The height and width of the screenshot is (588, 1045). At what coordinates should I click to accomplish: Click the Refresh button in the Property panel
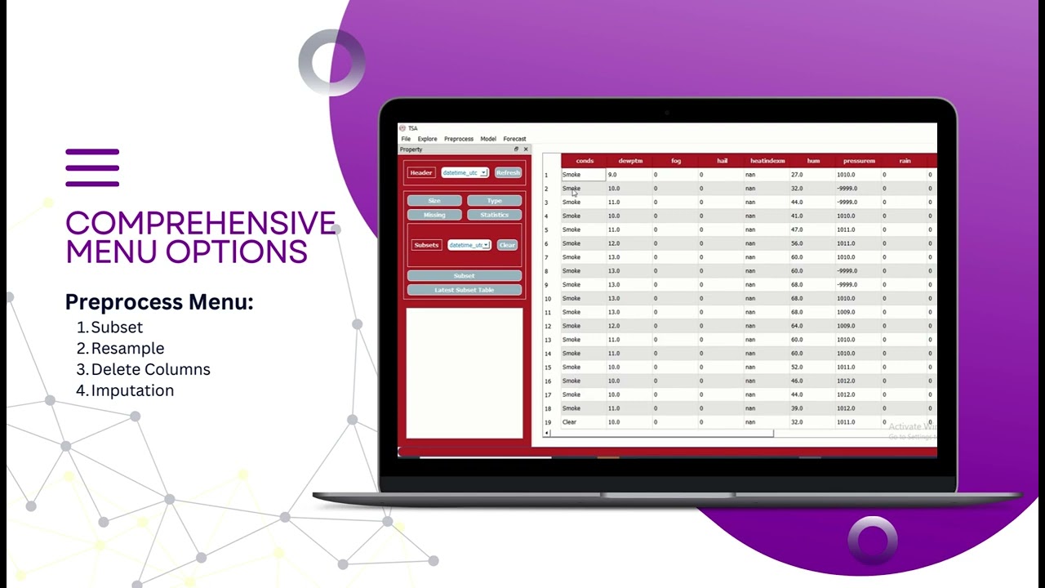point(508,173)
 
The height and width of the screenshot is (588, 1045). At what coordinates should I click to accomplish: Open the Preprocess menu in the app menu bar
point(459,139)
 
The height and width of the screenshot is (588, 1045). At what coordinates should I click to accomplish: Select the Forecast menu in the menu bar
point(514,139)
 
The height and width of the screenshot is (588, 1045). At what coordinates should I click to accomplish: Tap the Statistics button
point(494,215)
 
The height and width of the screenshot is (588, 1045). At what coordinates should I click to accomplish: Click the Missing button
point(434,215)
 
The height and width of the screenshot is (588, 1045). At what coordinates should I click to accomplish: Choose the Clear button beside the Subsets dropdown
point(507,245)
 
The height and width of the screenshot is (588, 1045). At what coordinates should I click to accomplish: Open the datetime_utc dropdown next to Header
point(465,173)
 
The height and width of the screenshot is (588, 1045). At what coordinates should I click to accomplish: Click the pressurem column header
point(859,161)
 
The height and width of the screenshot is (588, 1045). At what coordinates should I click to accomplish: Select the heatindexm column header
point(767,161)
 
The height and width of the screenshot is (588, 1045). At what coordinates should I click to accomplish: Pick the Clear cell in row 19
point(570,422)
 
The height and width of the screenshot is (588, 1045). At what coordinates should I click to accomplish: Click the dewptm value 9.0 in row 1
point(612,175)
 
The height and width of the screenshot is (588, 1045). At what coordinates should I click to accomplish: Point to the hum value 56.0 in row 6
point(797,243)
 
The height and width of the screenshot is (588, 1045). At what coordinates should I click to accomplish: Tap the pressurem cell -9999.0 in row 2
point(847,189)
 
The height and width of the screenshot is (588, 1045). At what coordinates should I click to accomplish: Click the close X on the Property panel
point(526,149)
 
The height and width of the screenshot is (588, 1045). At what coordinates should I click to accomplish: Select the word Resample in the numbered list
point(127,349)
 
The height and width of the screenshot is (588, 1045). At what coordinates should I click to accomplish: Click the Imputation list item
point(132,391)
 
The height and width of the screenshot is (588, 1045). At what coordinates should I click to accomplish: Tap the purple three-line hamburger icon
point(92,167)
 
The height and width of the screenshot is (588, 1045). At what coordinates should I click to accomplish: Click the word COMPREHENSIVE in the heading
point(200,224)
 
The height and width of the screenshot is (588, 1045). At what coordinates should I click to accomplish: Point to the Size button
point(434,201)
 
